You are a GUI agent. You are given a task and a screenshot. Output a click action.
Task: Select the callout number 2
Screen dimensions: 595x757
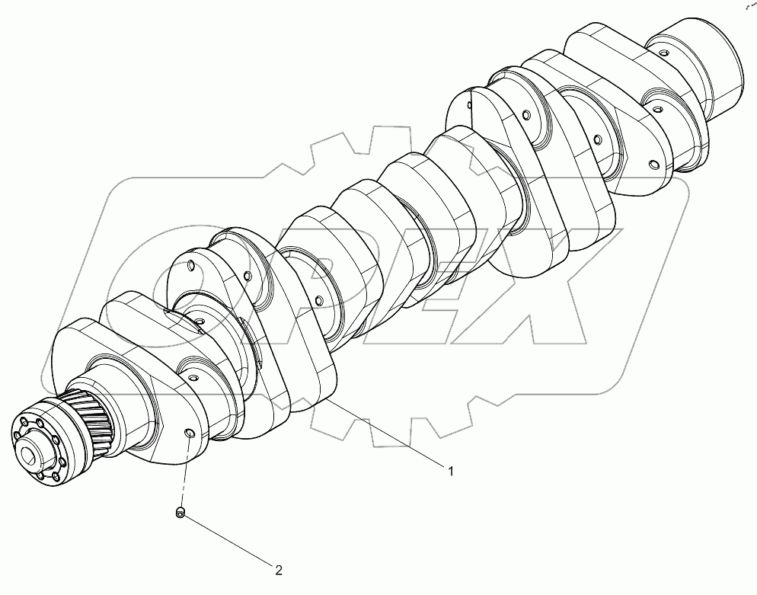[279, 568]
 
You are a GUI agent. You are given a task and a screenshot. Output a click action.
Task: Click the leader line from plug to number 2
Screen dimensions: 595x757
[228, 542]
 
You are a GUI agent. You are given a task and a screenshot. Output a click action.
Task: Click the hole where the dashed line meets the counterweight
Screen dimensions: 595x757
[188, 435]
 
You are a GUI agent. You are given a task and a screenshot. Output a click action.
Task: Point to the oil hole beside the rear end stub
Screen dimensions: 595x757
[664, 53]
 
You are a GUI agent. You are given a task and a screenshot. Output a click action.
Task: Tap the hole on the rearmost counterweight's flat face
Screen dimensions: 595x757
[653, 165]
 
